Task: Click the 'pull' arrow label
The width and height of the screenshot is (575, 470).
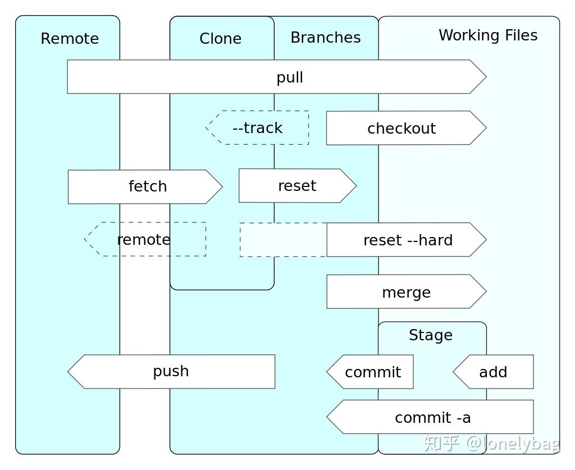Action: click(x=290, y=77)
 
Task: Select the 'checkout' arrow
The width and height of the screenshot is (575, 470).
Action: click(x=401, y=128)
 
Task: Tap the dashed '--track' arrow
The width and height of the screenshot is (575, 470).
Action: click(x=257, y=128)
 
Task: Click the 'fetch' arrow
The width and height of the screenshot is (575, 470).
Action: click(x=147, y=186)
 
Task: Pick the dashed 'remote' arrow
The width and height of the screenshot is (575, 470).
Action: click(x=144, y=240)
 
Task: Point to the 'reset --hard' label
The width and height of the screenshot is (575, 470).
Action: click(x=408, y=240)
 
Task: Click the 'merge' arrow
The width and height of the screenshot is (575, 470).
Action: click(x=406, y=292)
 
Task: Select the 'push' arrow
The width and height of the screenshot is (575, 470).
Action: click(x=171, y=371)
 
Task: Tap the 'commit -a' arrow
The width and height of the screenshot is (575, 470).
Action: click(x=432, y=417)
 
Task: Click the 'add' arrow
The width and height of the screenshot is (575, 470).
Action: click(x=493, y=372)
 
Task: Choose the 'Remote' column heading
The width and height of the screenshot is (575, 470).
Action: click(x=70, y=39)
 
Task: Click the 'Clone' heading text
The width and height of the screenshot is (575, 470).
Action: click(x=220, y=39)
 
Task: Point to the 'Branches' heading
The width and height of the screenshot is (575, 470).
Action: click(x=326, y=38)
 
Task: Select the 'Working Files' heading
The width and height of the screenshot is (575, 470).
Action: click(x=488, y=35)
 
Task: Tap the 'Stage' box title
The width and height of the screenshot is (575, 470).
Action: click(x=431, y=335)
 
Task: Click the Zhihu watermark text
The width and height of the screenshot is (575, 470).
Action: click(x=492, y=444)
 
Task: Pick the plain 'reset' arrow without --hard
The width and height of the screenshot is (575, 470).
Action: click(x=297, y=186)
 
